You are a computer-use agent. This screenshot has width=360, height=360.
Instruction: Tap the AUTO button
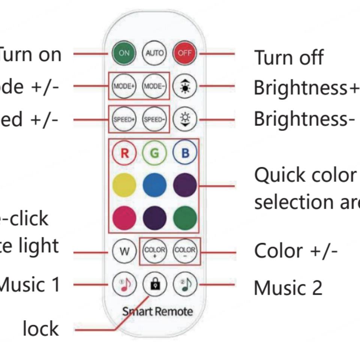click(x=154, y=53)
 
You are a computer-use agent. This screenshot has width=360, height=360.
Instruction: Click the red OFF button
click(x=184, y=53)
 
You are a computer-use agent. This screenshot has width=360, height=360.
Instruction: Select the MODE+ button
click(x=124, y=86)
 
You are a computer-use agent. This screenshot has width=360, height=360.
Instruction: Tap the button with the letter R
click(x=124, y=153)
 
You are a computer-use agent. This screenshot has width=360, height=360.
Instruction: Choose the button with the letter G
click(x=154, y=153)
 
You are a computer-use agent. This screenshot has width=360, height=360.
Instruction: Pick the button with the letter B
click(x=184, y=153)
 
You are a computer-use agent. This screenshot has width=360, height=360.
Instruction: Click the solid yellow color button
click(x=124, y=185)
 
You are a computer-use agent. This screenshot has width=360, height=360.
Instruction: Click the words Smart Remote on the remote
click(x=157, y=311)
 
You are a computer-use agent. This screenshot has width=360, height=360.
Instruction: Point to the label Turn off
click(x=289, y=57)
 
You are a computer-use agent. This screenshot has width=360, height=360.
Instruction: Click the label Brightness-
click(x=304, y=119)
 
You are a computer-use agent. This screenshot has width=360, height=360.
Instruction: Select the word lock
click(x=40, y=329)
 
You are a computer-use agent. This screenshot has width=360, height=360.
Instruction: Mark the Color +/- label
click(x=296, y=250)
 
